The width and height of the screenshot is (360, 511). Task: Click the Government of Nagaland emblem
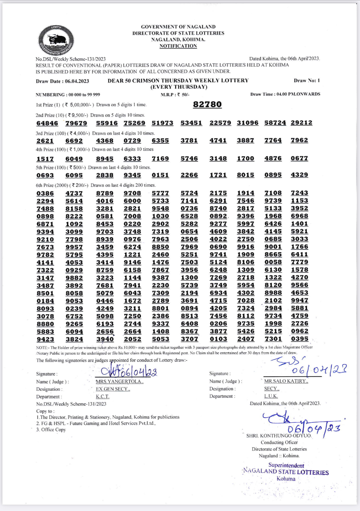(56, 40)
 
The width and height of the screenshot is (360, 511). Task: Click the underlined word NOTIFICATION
(178, 46)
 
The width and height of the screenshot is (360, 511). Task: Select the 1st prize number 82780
(207, 105)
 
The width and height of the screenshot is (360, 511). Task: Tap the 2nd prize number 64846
(47, 124)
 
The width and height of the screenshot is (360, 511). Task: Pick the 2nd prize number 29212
(301, 123)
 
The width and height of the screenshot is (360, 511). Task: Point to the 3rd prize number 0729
(132, 141)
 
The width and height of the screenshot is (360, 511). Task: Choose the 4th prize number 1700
(245, 159)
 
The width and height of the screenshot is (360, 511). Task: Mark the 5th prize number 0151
(160, 175)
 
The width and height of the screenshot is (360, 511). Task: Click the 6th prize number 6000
(132, 201)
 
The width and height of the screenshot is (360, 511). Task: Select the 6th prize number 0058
(273, 262)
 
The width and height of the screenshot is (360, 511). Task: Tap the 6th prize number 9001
(273, 247)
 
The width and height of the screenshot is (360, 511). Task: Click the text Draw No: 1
(307, 81)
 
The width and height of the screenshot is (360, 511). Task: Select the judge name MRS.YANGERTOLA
(119, 382)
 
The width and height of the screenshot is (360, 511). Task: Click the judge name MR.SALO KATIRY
(286, 381)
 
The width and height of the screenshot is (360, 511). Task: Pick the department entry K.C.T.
(102, 397)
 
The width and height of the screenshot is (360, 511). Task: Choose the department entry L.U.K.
(271, 396)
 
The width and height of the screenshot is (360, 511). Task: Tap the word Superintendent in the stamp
(286, 465)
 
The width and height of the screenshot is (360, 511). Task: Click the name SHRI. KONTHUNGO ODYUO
(279, 436)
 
